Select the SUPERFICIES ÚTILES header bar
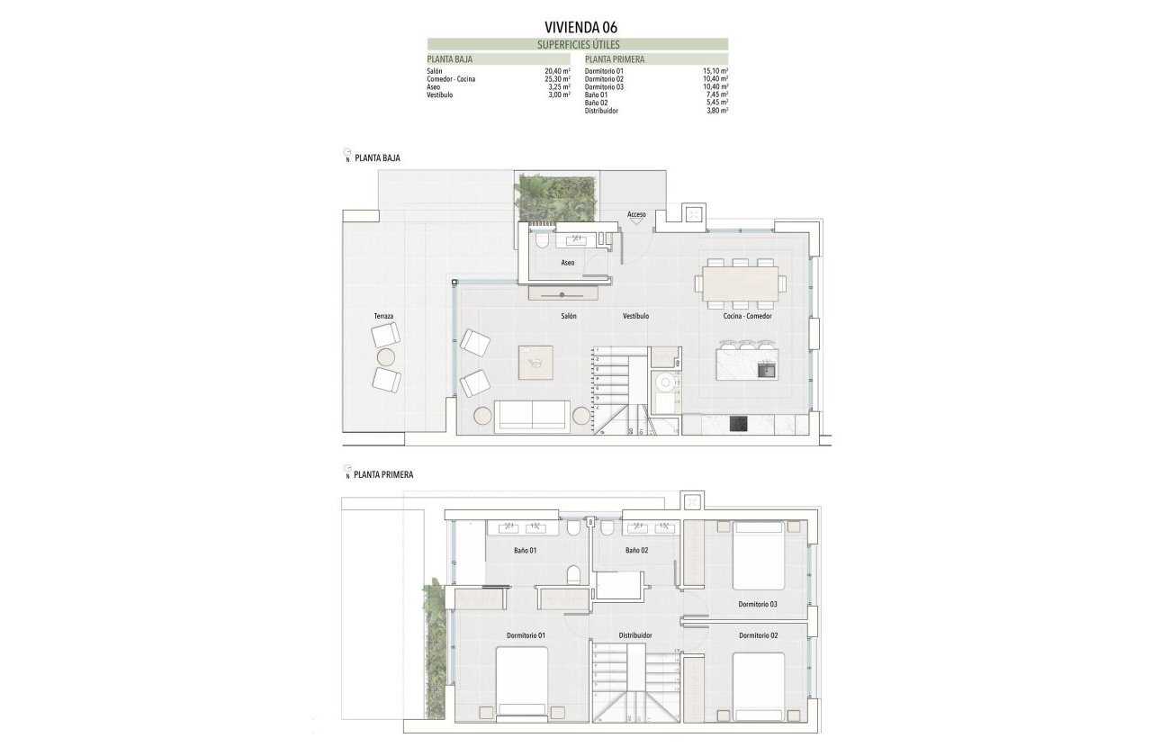point(578,44)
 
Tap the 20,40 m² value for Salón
point(558,70)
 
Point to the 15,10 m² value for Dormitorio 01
point(715,70)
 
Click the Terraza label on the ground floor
point(384,317)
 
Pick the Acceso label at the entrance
point(637,214)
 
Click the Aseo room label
point(567,263)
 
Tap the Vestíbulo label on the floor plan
point(635,317)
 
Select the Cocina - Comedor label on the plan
point(747,317)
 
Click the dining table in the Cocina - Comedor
point(739,283)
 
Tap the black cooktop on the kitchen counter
point(737,424)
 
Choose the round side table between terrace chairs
point(386,357)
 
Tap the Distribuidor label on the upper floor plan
point(635,635)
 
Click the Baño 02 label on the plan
point(637,550)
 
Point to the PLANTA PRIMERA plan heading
point(384,474)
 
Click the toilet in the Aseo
point(541,241)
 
